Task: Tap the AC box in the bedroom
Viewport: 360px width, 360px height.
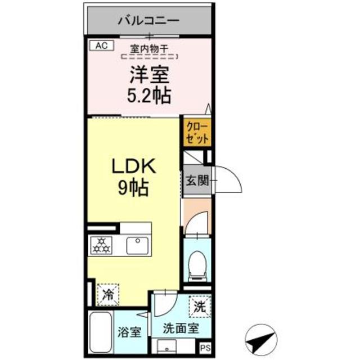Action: tap(100, 45)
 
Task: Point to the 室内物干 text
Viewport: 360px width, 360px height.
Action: tap(148, 49)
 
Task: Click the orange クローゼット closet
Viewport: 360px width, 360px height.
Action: tap(196, 133)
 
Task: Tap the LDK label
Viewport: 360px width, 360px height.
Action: tap(134, 167)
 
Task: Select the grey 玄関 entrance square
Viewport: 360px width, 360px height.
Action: tap(196, 181)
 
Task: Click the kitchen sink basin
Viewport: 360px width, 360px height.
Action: tap(137, 245)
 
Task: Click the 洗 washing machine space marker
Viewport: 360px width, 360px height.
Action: tap(199, 307)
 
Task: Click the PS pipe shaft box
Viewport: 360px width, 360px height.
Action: tap(205, 348)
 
